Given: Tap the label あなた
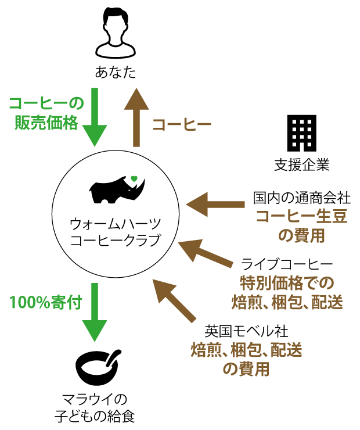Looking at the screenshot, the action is click(x=116, y=73).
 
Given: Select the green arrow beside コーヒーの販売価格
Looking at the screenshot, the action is click(x=95, y=117).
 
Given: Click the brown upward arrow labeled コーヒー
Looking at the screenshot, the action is click(x=136, y=117).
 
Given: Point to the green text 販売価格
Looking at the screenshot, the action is click(x=46, y=123).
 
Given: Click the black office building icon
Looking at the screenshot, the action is click(x=301, y=133).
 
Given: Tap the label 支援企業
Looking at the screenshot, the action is click(x=302, y=165).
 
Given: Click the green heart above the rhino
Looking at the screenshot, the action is click(x=134, y=179).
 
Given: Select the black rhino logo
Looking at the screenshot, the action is click(x=117, y=189).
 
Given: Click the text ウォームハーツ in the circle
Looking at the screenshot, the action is click(x=116, y=224).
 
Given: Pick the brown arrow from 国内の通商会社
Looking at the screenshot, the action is click(x=215, y=205).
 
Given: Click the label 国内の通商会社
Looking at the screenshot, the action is click(x=301, y=198).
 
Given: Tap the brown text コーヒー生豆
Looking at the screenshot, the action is click(x=301, y=216).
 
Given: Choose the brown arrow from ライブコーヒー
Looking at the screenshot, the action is click(x=206, y=253).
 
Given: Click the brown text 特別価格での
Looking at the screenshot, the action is click(x=287, y=284).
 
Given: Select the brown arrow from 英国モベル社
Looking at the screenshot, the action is click(x=174, y=300).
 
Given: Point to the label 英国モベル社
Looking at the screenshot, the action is click(x=246, y=331).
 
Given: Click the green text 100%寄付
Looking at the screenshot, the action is click(x=46, y=303).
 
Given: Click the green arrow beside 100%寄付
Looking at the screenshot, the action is click(x=95, y=312).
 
